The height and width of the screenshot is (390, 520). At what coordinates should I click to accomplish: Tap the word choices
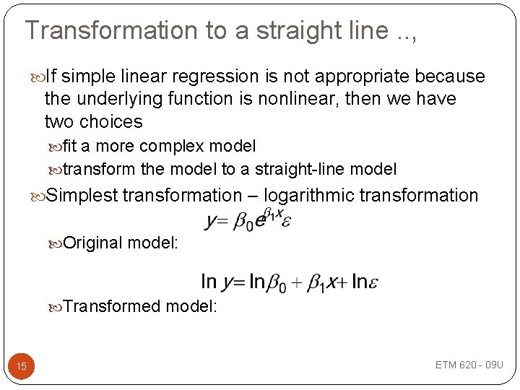tap(111, 121)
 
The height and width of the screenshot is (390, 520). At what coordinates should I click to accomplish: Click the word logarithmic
tap(308, 196)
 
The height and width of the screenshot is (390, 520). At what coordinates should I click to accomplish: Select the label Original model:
tap(121, 243)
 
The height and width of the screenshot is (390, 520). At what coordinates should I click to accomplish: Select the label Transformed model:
tap(140, 306)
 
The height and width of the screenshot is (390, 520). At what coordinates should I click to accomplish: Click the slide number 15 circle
tap(22, 366)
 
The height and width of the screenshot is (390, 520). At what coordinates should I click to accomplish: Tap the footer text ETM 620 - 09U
tap(469, 365)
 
